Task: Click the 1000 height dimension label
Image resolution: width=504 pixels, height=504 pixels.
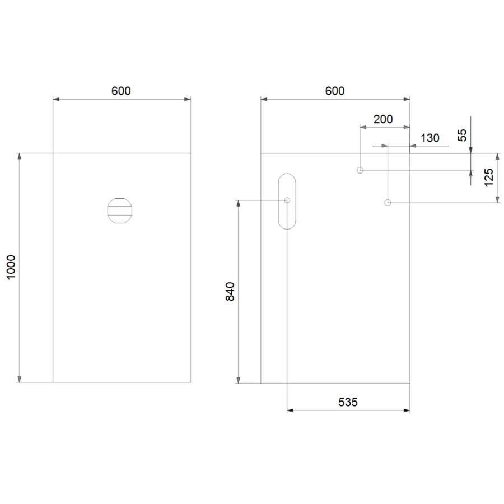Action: click(x=12, y=268)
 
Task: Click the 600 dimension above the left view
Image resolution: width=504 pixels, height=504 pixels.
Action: click(x=121, y=91)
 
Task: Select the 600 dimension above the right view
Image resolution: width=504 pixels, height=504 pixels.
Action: click(x=335, y=91)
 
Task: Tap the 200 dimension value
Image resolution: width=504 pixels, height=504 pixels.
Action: click(x=383, y=119)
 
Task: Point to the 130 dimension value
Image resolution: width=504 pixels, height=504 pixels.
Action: click(x=430, y=138)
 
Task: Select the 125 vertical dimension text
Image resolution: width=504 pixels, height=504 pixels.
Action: click(x=488, y=178)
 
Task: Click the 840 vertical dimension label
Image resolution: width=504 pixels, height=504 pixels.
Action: click(x=230, y=291)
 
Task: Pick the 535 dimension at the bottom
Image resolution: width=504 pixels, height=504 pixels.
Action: click(x=348, y=402)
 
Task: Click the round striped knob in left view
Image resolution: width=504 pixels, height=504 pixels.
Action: click(x=119, y=211)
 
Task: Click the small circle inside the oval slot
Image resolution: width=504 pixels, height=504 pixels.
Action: click(x=287, y=200)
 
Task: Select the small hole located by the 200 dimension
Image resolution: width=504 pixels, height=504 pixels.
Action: click(x=360, y=170)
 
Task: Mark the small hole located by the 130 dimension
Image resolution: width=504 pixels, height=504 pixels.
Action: click(x=388, y=202)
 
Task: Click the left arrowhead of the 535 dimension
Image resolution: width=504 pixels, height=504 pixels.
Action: click(x=290, y=410)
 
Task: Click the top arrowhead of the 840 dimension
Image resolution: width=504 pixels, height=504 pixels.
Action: click(x=239, y=203)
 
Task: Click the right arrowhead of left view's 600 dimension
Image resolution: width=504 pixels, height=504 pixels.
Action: click(x=188, y=100)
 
